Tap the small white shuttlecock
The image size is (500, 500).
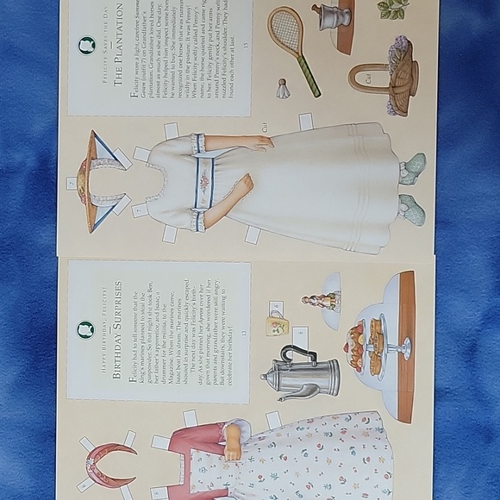pos(282,90)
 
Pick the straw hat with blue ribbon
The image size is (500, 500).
pos(96,180)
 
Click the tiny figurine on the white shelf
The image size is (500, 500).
pos(320,301)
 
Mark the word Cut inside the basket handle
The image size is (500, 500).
pos(369,78)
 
